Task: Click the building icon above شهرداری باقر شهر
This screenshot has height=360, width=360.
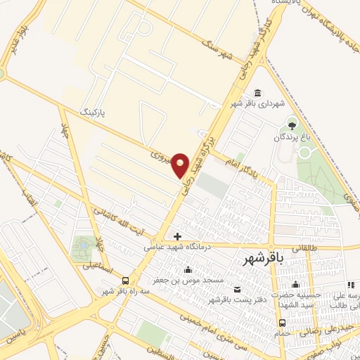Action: click(x=257, y=93)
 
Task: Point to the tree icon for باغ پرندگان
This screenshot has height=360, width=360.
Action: click(x=292, y=126)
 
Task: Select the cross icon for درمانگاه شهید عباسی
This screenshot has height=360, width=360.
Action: click(x=177, y=236)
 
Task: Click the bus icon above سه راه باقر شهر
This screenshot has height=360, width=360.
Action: click(x=124, y=280)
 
